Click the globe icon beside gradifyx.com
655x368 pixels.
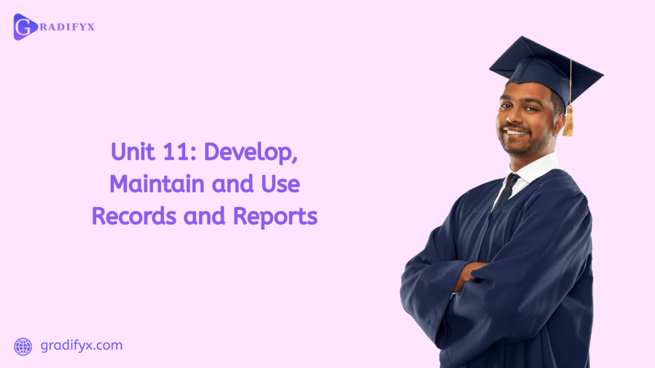(x=23, y=347)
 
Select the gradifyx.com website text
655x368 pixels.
(x=82, y=345)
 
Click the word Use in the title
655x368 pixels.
(x=280, y=185)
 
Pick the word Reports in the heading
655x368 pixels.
(x=275, y=217)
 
